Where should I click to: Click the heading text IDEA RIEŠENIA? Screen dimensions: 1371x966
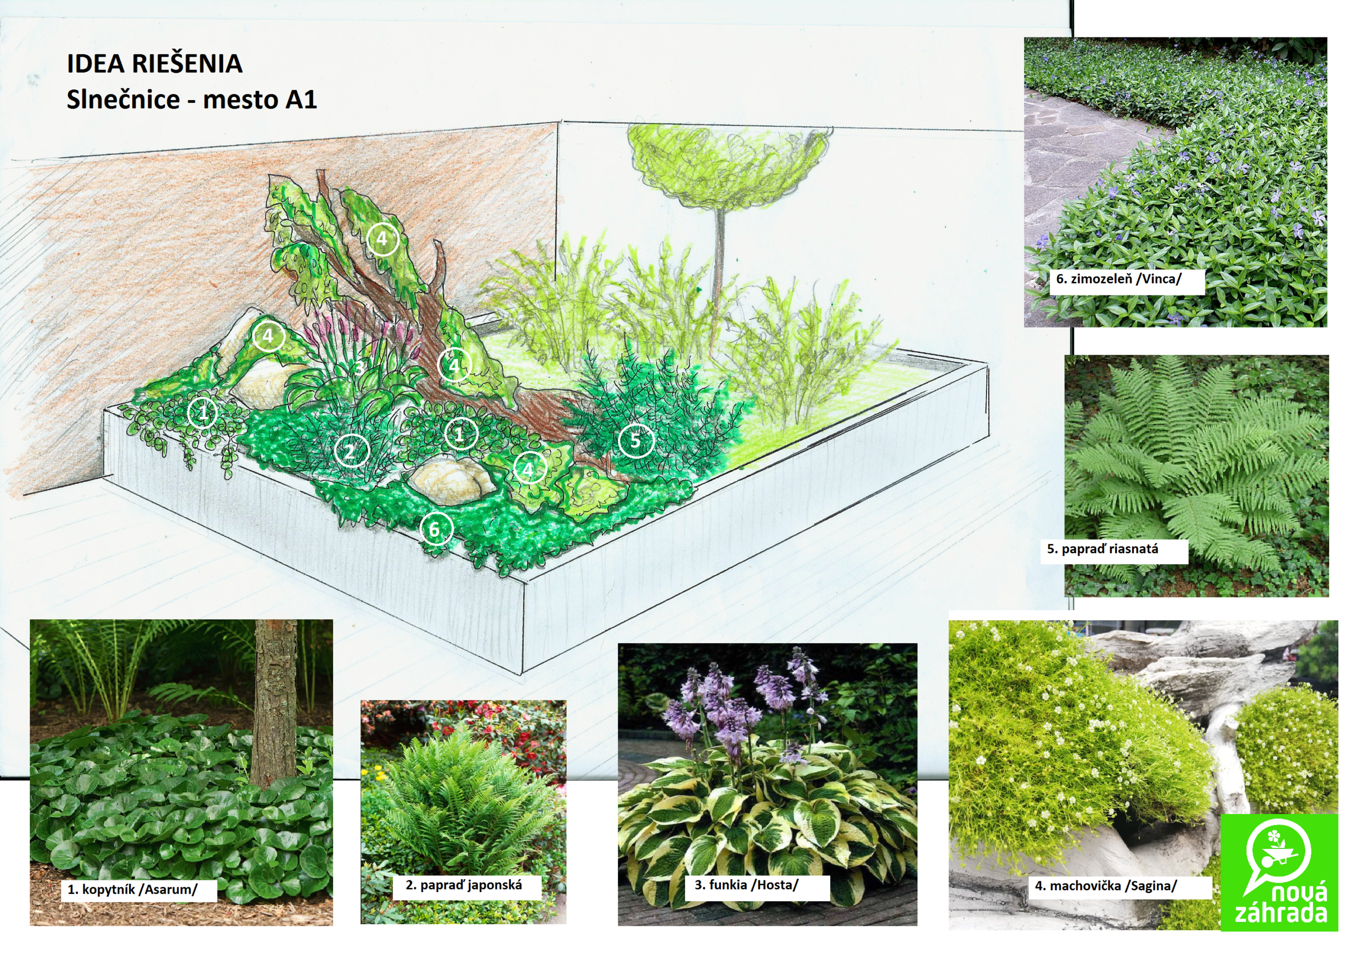pos(154,63)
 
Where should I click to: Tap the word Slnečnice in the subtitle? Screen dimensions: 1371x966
pos(123,99)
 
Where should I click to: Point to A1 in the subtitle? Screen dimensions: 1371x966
pos(301,99)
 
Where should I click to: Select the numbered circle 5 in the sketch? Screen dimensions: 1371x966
pos(635,440)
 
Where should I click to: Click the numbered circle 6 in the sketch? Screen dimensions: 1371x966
pos(436,529)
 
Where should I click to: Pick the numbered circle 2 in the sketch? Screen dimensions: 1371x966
pos(351,451)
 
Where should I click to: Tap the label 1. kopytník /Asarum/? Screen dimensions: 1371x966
pos(133,889)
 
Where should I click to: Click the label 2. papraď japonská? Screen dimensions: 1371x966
pos(463,885)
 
